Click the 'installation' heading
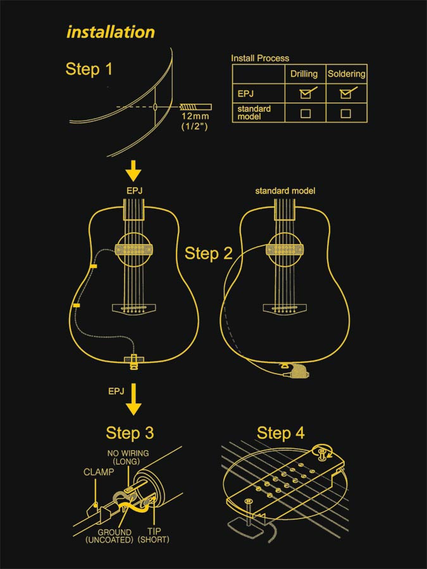pyautogui.click(x=111, y=32)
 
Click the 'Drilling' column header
pyautogui.click(x=304, y=74)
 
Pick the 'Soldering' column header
pyautogui.click(x=346, y=74)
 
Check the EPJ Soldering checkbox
pyautogui.click(x=345, y=94)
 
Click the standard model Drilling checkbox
pyautogui.click(x=305, y=114)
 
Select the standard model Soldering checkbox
pyautogui.click(x=345, y=114)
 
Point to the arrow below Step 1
pyautogui.click(x=133, y=170)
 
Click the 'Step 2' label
pyautogui.click(x=209, y=254)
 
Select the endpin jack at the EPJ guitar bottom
pyautogui.click(x=133, y=361)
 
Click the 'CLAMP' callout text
pyautogui.click(x=99, y=472)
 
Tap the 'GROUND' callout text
pyautogui.click(x=114, y=532)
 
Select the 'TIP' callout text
pyautogui.click(x=154, y=532)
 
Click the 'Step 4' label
pyautogui.click(x=280, y=433)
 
